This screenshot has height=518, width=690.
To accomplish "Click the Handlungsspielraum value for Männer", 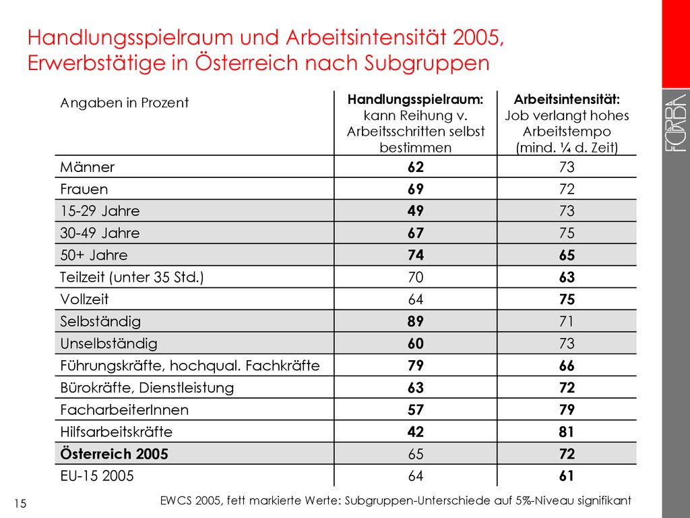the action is click(415, 167).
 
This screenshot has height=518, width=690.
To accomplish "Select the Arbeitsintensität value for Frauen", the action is click(567, 189).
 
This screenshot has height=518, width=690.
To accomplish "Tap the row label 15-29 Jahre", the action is click(100, 211).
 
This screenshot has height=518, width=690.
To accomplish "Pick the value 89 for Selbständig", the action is click(415, 321).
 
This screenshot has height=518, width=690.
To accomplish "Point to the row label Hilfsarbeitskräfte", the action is click(116, 432).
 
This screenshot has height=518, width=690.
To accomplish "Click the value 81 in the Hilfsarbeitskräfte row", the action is click(567, 432).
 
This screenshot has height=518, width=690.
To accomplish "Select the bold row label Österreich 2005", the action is click(114, 454).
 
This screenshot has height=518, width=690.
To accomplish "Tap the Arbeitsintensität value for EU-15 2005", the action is click(567, 476).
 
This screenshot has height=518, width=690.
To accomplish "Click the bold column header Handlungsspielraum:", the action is click(415, 100).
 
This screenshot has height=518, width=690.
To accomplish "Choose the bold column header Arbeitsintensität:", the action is click(567, 100).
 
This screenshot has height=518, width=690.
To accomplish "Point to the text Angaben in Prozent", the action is click(125, 103).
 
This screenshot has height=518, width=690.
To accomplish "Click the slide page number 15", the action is click(20, 503).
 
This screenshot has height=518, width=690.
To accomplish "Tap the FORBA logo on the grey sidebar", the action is click(675, 123).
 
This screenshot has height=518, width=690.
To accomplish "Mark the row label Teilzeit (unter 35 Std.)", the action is click(132, 277).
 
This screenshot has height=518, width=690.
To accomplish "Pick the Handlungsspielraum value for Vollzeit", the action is click(415, 299).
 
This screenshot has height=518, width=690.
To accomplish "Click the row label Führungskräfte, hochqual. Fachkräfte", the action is click(190, 366).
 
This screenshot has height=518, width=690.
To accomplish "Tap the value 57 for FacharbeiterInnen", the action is click(415, 409).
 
